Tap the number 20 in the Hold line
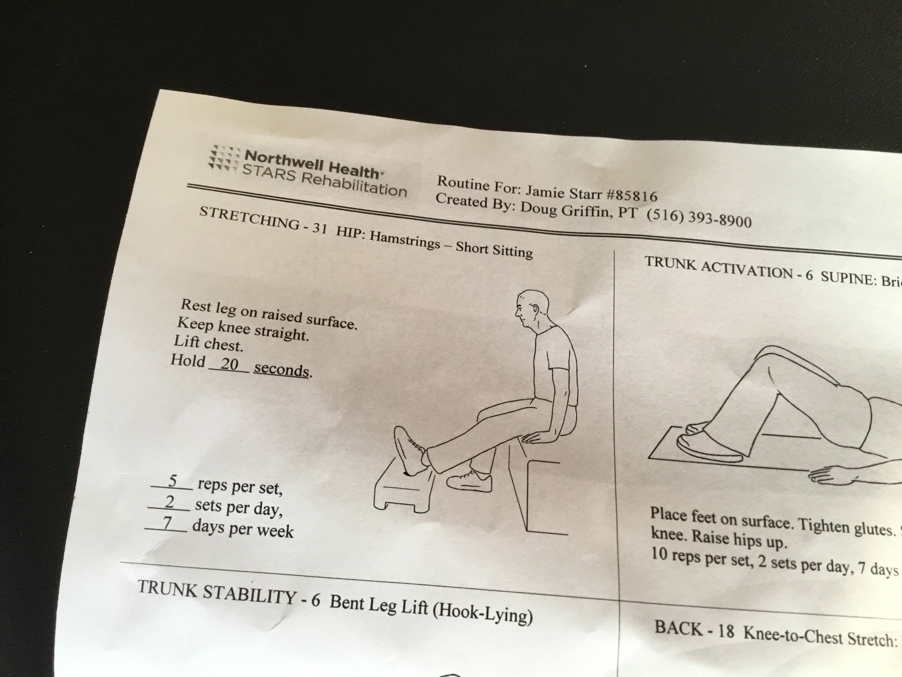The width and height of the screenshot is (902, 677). pos(229,364)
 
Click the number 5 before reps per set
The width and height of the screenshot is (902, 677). pos(172,481)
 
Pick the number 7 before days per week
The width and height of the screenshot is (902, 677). pos(167,523)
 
